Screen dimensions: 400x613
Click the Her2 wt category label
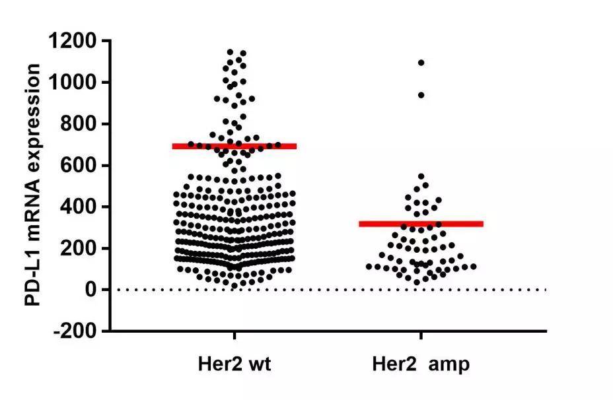[x=234, y=364]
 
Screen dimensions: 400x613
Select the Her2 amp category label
[x=421, y=364]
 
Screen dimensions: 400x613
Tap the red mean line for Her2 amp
[x=421, y=224]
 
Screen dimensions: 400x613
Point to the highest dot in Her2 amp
[x=421, y=63]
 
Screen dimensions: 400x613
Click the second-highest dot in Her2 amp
[x=421, y=95]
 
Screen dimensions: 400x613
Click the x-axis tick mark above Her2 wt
[x=234, y=336]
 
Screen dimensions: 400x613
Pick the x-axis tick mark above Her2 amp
[x=421, y=336]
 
